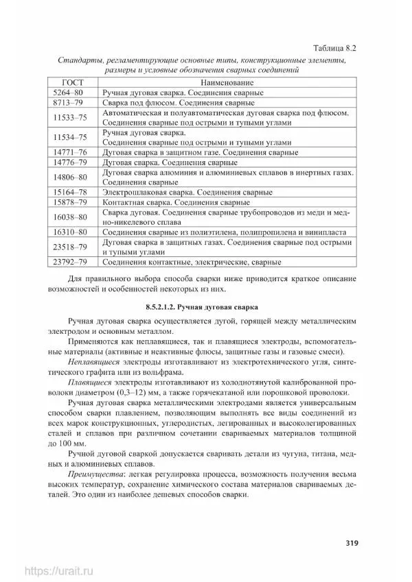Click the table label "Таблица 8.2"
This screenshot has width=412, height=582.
click(x=333, y=49)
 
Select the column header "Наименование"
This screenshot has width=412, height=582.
click(x=227, y=81)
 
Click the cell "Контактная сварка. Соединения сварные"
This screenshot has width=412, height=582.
click(x=175, y=203)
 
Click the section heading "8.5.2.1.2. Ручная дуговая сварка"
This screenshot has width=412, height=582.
click(x=203, y=304)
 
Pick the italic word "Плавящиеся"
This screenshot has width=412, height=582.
click(x=91, y=382)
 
